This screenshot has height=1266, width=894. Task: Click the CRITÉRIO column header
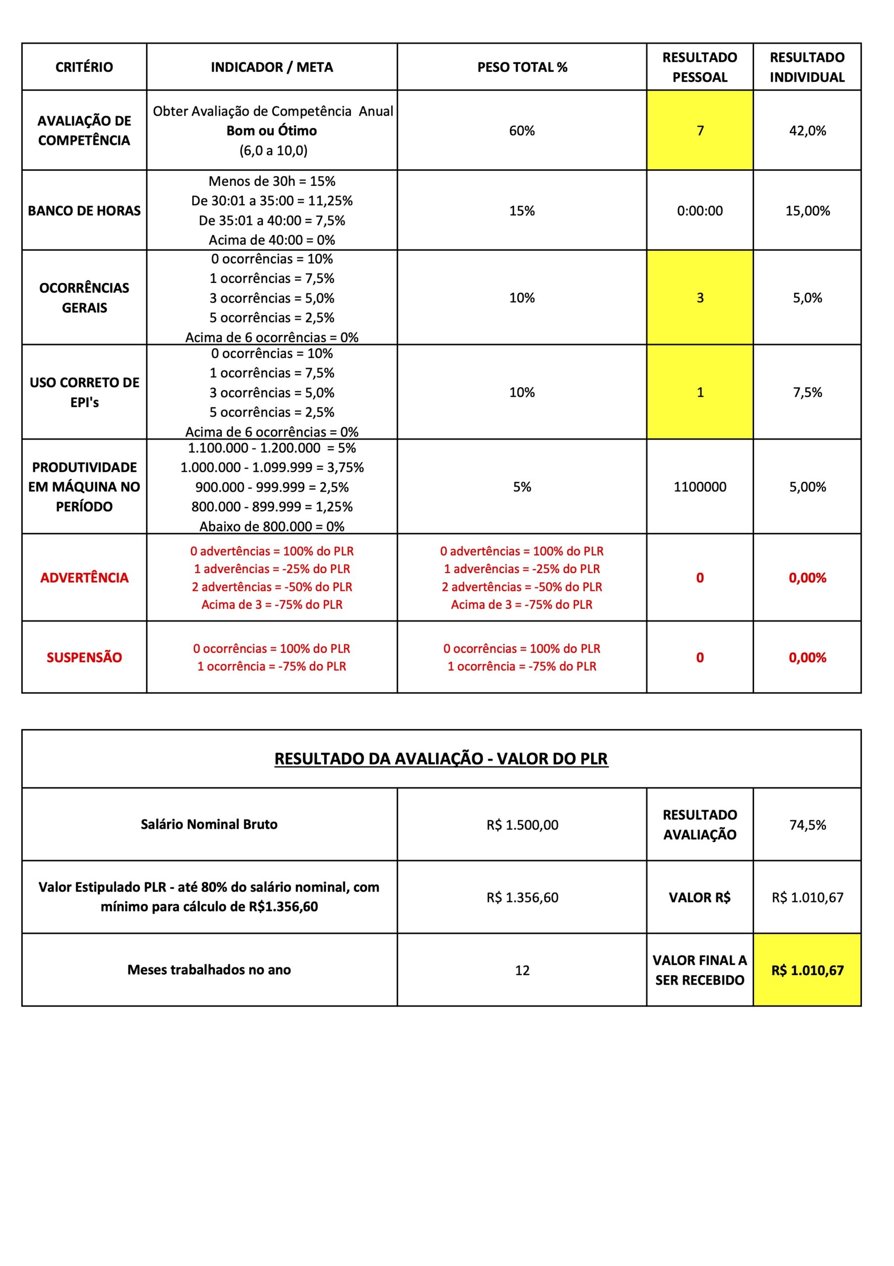(84, 67)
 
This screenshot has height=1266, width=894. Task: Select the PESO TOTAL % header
(521, 67)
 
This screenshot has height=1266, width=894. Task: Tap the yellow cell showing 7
(699, 131)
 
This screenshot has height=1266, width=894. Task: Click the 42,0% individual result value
(807, 131)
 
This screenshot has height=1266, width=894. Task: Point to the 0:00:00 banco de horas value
(699, 211)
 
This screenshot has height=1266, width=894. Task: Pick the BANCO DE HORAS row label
(84, 211)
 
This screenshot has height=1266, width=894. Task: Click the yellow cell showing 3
(699, 298)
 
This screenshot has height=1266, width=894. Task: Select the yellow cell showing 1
(699, 392)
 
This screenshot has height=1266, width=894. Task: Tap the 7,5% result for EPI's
(807, 392)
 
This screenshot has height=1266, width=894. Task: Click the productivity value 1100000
(699, 487)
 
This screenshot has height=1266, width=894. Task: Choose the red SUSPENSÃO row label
(84, 657)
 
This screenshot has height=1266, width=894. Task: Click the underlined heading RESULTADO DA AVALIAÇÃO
(441, 759)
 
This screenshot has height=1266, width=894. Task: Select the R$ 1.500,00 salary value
(521, 825)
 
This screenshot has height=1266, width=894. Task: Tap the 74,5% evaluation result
(807, 825)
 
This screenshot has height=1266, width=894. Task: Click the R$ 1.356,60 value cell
(521, 898)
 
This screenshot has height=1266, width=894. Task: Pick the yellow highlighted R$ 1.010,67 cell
(807, 970)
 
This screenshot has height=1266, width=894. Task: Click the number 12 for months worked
(521, 970)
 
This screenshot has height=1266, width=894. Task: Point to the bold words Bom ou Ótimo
(272, 131)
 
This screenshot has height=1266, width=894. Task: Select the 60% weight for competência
(521, 131)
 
